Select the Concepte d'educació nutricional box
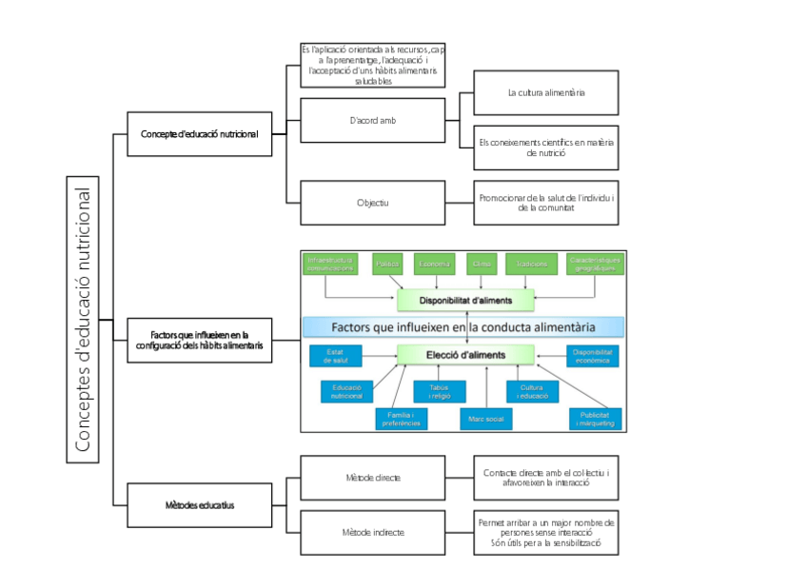point(199,134)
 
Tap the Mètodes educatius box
point(199,505)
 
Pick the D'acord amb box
point(372,120)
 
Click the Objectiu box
point(372,202)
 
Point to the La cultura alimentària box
point(545,92)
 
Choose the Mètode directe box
point(372,478)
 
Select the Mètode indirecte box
point(372,533)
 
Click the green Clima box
point(482,264)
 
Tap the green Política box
point(388,264)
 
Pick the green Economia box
point(435,264)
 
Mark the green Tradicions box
point(531,264)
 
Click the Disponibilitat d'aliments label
point(466,301)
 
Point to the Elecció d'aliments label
point(466,355)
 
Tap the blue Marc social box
point(485,418)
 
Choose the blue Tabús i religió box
point(440,391)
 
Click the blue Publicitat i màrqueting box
point(595,418)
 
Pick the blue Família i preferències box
point(398,418)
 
